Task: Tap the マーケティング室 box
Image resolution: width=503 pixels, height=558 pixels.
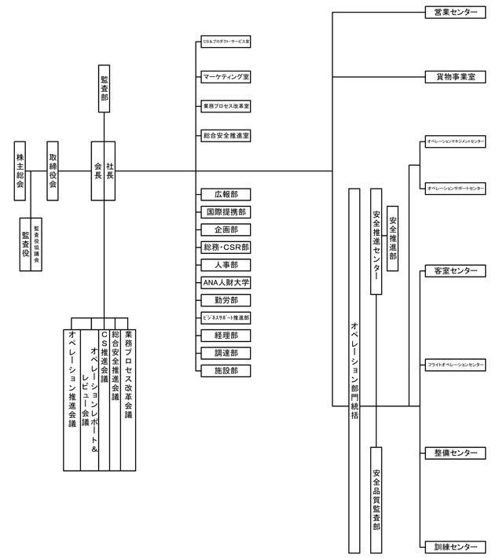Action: point(226,77)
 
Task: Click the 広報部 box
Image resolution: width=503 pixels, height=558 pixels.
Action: point(226,194)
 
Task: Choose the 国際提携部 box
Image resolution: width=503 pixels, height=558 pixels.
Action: point(226,212)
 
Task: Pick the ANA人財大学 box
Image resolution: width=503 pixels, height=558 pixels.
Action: point(226,283)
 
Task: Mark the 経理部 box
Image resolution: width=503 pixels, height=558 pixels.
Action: point(226,336)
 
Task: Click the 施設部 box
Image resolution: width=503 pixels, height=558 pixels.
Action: point(226,370)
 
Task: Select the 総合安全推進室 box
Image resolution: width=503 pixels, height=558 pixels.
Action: point(226,136)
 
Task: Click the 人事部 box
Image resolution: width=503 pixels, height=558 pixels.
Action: point(226,265)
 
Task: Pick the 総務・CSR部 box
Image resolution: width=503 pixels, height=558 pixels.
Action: point(226,248)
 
